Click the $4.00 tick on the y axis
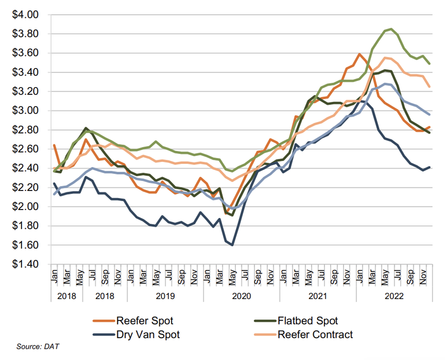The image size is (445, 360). pos(28,15)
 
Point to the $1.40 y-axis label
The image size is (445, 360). pos(28,264)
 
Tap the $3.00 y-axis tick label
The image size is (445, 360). pos(28,111)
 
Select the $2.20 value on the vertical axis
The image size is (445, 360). pos(28,188)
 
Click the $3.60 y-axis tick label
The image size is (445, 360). pos(28,53)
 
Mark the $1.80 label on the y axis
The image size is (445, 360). pos(28,226)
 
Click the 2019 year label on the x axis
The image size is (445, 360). pos(165,295)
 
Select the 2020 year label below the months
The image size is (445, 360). pos(242,295)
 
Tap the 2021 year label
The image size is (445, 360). pos(318,295)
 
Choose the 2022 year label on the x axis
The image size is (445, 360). pos(395,295)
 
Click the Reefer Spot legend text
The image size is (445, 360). pos(145,320)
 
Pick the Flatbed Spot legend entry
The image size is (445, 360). pos(307,320)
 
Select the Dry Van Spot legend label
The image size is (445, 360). pos(148,334)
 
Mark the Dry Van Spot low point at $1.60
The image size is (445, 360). pos(232,245)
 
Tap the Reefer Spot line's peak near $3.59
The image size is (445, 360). pos(359,54)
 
